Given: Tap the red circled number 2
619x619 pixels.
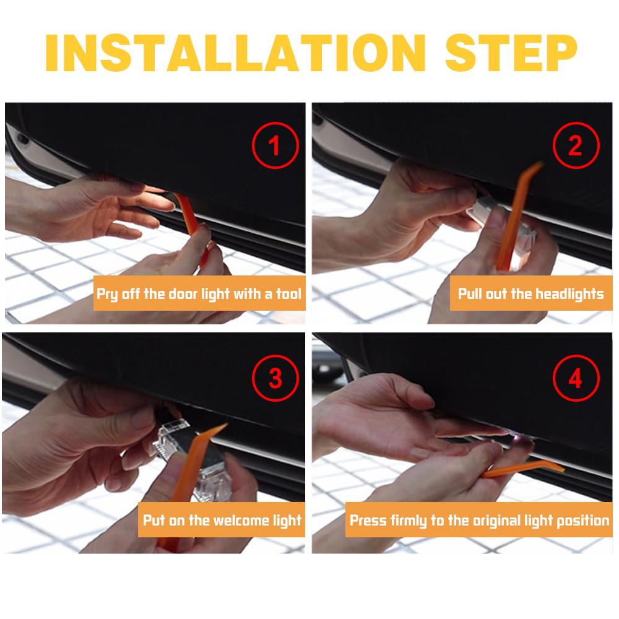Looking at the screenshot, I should [x=575, y=147].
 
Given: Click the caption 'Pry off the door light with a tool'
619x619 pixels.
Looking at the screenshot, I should [x=199, y=293].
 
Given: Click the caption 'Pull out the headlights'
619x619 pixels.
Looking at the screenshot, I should [x=530, y=293].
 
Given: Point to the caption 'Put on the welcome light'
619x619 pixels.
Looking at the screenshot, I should [x=222, y=519].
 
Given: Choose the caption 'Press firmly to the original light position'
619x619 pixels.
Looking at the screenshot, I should [x=480, y=519].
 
